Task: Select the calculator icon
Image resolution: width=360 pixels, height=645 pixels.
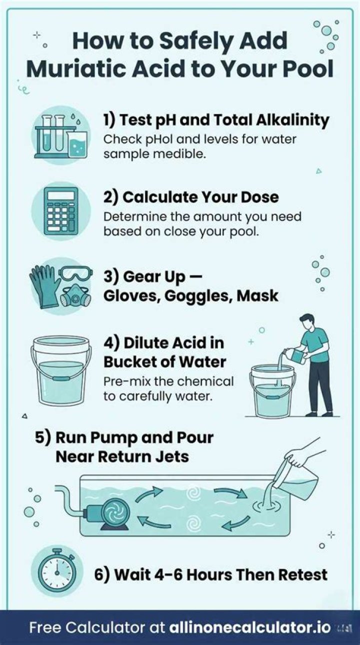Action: [61, 210]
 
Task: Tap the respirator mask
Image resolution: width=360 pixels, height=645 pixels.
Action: [76, 295]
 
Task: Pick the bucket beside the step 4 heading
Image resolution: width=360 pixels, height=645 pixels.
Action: [61, 370]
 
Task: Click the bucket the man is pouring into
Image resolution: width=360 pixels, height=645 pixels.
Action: [272, 391]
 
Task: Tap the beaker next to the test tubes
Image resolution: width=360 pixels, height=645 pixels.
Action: [76, 144]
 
